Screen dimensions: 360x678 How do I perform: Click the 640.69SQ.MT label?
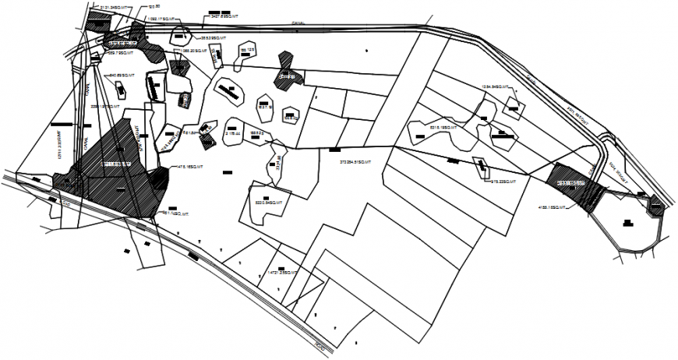pyautogui.click(x=121, y=76)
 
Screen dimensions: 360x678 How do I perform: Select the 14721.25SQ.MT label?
pyautogui.click(x=283, y=272)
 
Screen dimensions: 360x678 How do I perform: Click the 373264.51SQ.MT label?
pyautogui.click(x=357, y=163)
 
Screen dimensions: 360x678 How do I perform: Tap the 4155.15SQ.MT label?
pyautogui.click(x=554, y=207)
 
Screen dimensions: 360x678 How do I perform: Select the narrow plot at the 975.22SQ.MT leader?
pyautogui.click(x=482, y=165)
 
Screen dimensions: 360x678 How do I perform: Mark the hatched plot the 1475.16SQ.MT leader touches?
pyautogui.click(x=159, y=179)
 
